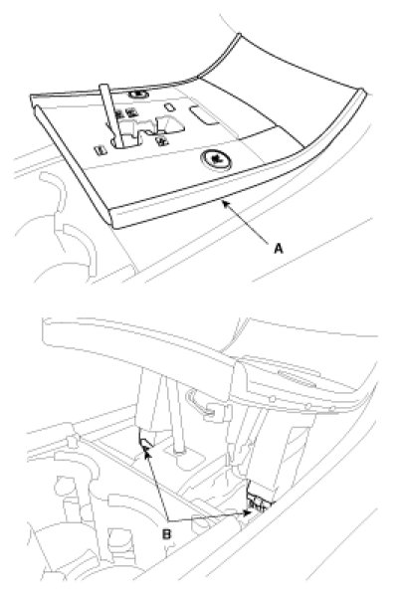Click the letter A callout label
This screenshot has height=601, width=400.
pyautogui.click(x=279, y=249)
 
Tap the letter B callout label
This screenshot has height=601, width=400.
pyautogui.click(x=167, y=533)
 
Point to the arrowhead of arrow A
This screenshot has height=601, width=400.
pyautogui.click(x=225, y=203)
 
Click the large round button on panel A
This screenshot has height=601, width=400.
pyautogui.click(x=217, y=158)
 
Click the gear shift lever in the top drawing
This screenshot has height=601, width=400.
pyautogui.click(x=111, y=115)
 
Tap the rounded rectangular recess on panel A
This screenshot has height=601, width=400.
pyautogui.click(x=203, y=115)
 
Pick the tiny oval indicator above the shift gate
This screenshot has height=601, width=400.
pyautogui.click(x=169, y=106)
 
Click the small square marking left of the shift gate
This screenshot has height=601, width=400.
pyautogui.click(x=100, y=150)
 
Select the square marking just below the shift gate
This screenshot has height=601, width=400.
pyautogui.click(x=162, y=140)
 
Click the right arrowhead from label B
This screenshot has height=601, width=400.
pyautogui.click(x=248, y=512)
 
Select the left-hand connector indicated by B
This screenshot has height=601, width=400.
pyautogui.click(x=145, y=442)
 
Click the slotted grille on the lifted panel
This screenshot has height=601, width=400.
pyautogui.click(x=297, y=379)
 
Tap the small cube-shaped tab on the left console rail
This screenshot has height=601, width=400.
pyautogui.click(x=72, y=442)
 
